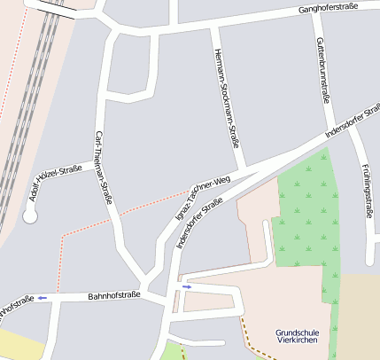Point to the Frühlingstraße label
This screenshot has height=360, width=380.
[367, 191]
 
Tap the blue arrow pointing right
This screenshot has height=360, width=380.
[187, 286]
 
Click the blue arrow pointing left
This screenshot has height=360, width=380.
[43, 298]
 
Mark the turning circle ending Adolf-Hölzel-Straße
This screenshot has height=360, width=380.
[30, 215]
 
